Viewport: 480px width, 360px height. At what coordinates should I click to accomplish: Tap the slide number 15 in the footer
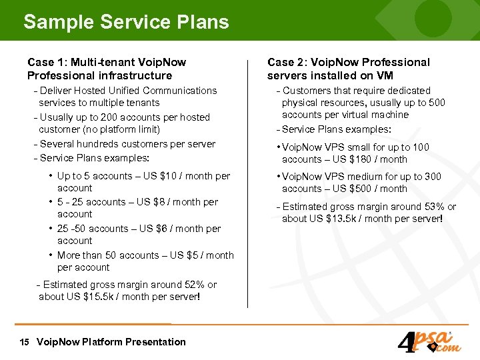click(x=25, y=342)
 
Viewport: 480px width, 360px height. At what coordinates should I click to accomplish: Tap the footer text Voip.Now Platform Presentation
click(x=111, y=342)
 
